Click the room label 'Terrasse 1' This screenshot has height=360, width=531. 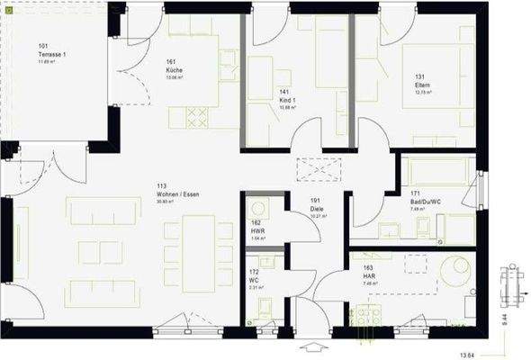tap(52, 54)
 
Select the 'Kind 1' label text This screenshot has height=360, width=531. tap(287, 99)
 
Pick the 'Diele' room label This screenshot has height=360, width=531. tap(316, 209)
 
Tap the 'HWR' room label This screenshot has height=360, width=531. tap(257, 231)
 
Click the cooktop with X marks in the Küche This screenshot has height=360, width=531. tap(197, 116)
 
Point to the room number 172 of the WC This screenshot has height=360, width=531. tap(256, 271)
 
